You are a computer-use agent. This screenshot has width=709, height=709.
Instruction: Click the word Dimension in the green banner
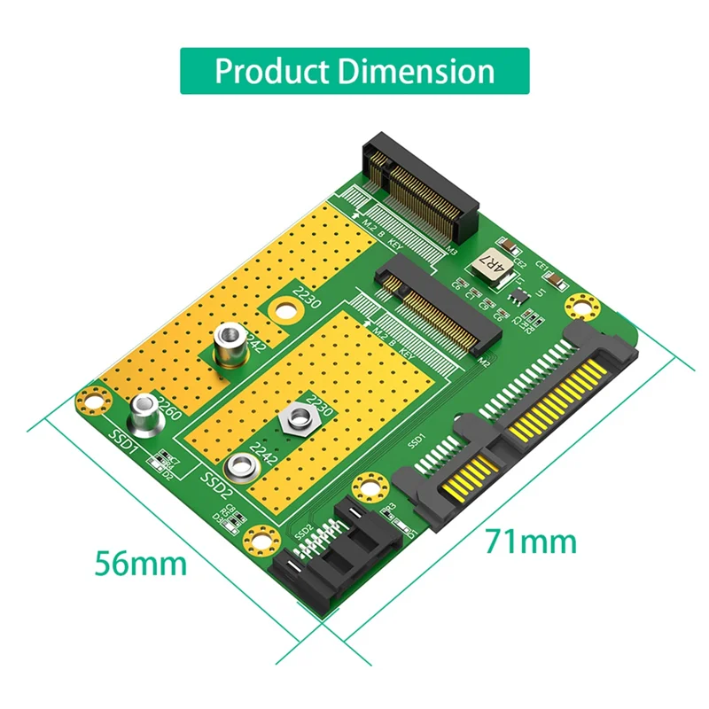(412, 70)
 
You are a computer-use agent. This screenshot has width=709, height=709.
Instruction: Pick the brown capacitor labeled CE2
(509, 246)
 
